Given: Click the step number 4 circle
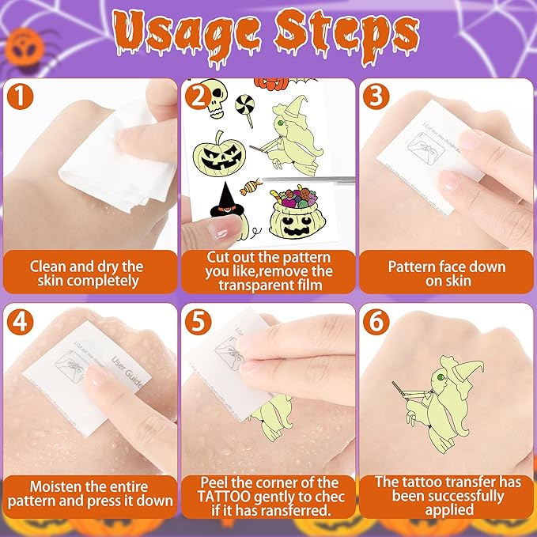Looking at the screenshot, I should coord(21,325).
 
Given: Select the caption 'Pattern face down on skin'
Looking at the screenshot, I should coord(447,274).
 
